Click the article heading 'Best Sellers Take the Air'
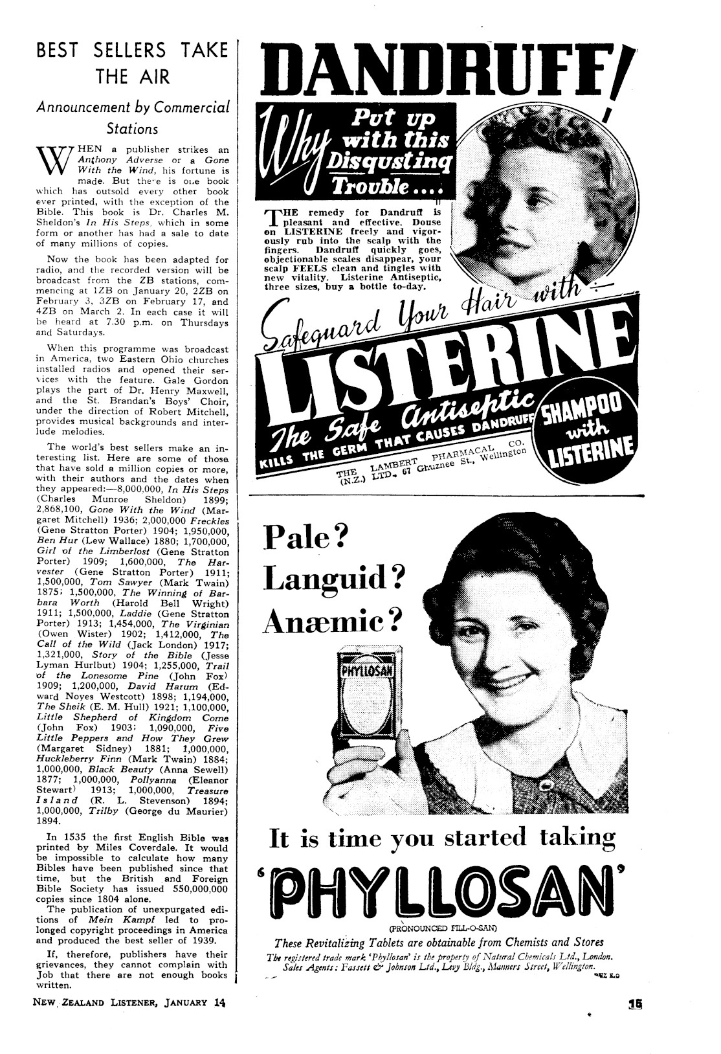[x=131, y=63]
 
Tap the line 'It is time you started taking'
[x=441, y=838]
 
